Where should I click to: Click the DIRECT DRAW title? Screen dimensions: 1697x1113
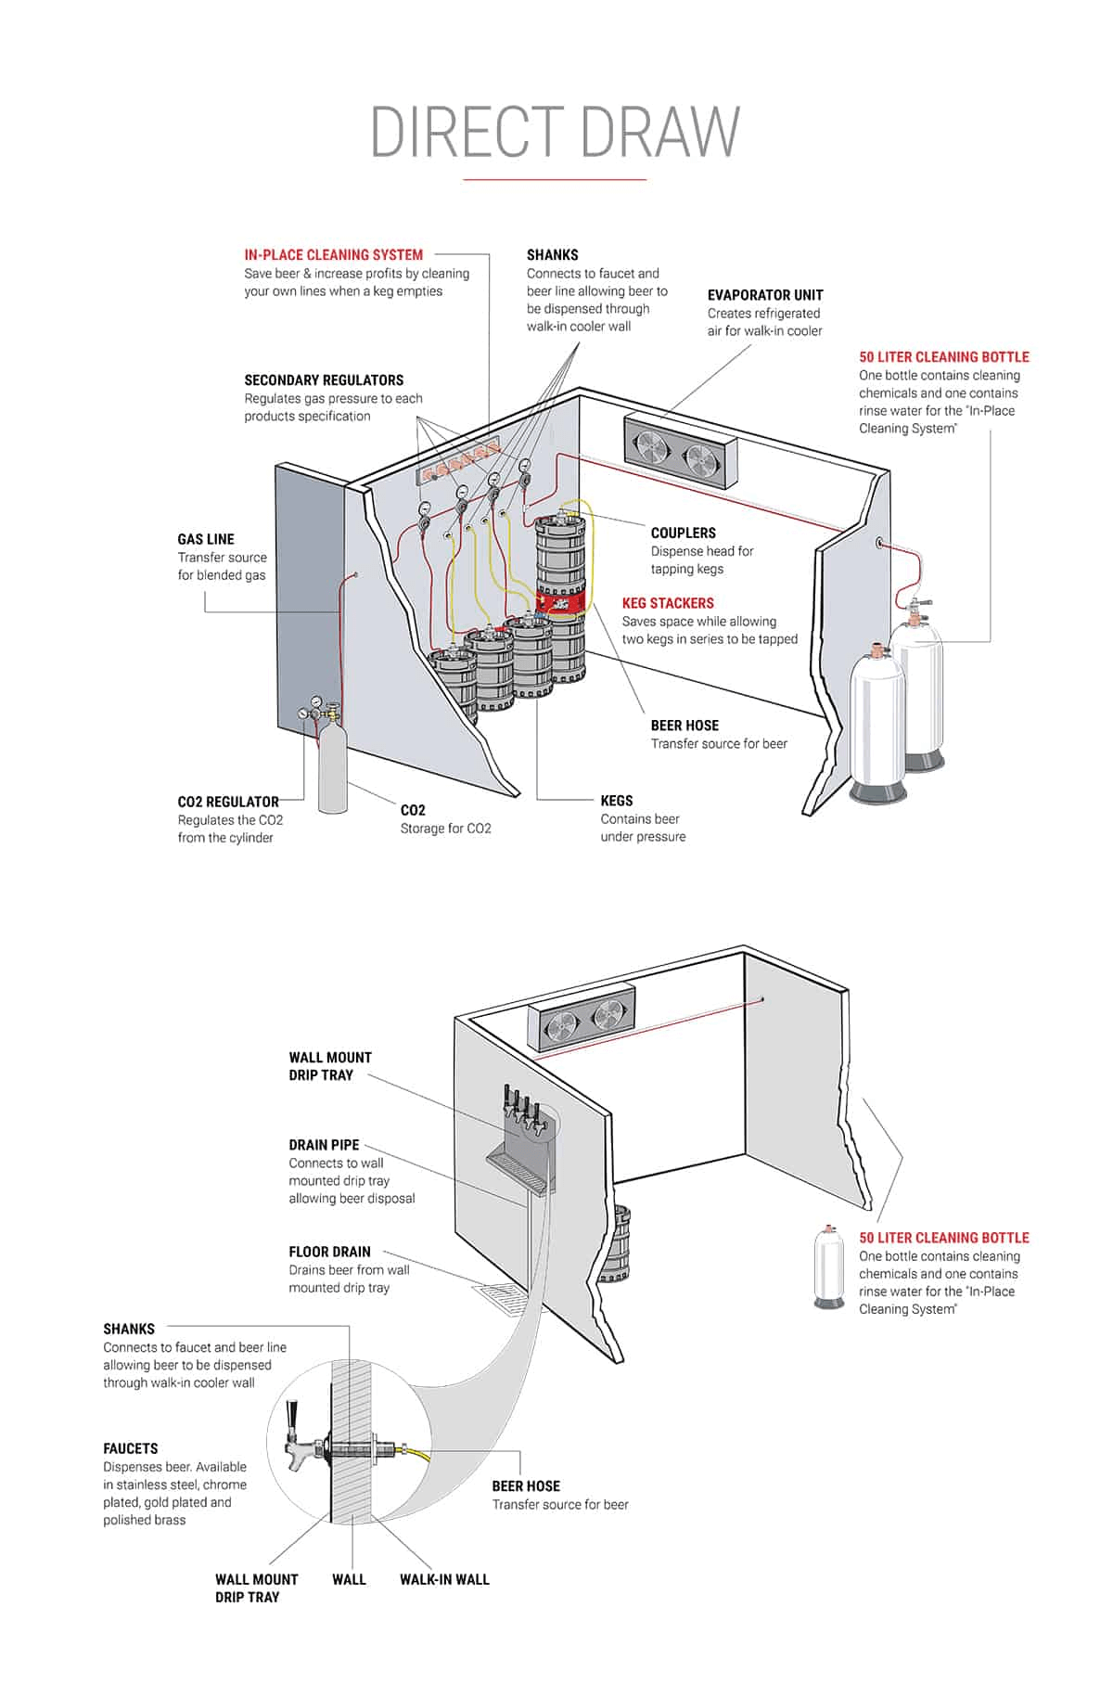coord(555,132)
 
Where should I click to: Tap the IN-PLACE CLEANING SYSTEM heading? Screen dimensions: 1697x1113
coord(333,254)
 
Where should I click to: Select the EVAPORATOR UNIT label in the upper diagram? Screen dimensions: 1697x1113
coord(764,295)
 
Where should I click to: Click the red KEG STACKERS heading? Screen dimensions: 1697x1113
coord(668,603)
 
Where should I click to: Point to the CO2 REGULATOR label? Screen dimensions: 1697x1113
coord(228,802)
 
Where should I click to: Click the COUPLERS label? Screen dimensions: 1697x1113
coord(683,533)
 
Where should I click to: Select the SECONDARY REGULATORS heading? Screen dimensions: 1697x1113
coord(324,380)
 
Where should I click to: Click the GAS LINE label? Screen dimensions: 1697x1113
coord(206,539)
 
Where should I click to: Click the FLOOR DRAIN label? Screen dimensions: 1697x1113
coord(329,1252)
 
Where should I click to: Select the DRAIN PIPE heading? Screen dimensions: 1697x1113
coord(324,1145)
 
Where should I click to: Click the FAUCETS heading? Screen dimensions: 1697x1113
coord(131,1448)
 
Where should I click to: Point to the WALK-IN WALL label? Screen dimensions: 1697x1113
coord(444,1579)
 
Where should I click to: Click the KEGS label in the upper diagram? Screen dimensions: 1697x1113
coord(616,801)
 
